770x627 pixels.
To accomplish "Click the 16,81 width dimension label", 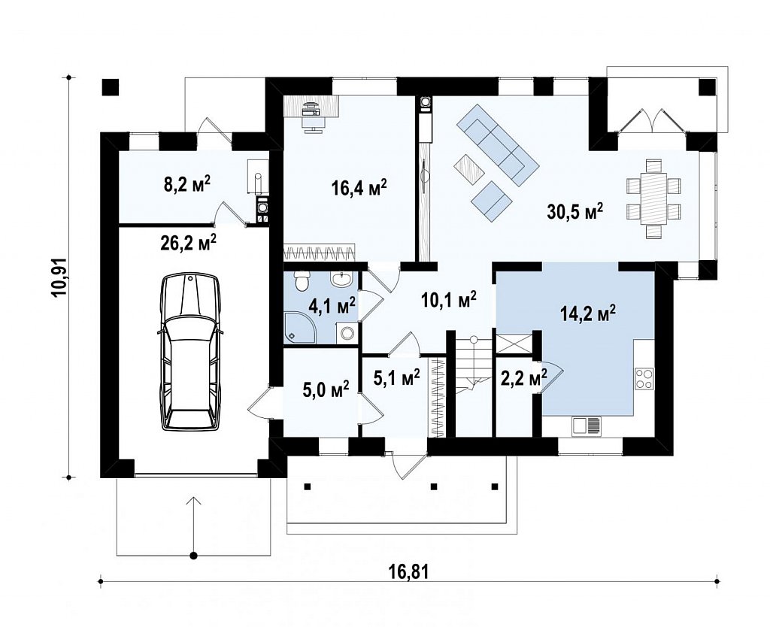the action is pos(408,571).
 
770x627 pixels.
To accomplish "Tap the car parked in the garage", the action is pos(189,353).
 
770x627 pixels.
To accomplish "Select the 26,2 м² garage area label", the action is pos(188,242).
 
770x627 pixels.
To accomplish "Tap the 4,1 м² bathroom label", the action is pos(332,307).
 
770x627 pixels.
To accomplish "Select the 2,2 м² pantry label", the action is pos(523,378).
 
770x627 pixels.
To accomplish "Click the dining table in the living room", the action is pos(654,198).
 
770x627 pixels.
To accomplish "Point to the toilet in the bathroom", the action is pos(301,281).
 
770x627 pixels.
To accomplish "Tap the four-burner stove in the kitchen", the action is pos(644,379).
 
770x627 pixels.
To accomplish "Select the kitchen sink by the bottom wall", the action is pos(586,426).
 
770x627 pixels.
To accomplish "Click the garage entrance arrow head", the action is pos(194,501).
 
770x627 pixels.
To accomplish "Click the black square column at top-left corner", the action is pos(111,87).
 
